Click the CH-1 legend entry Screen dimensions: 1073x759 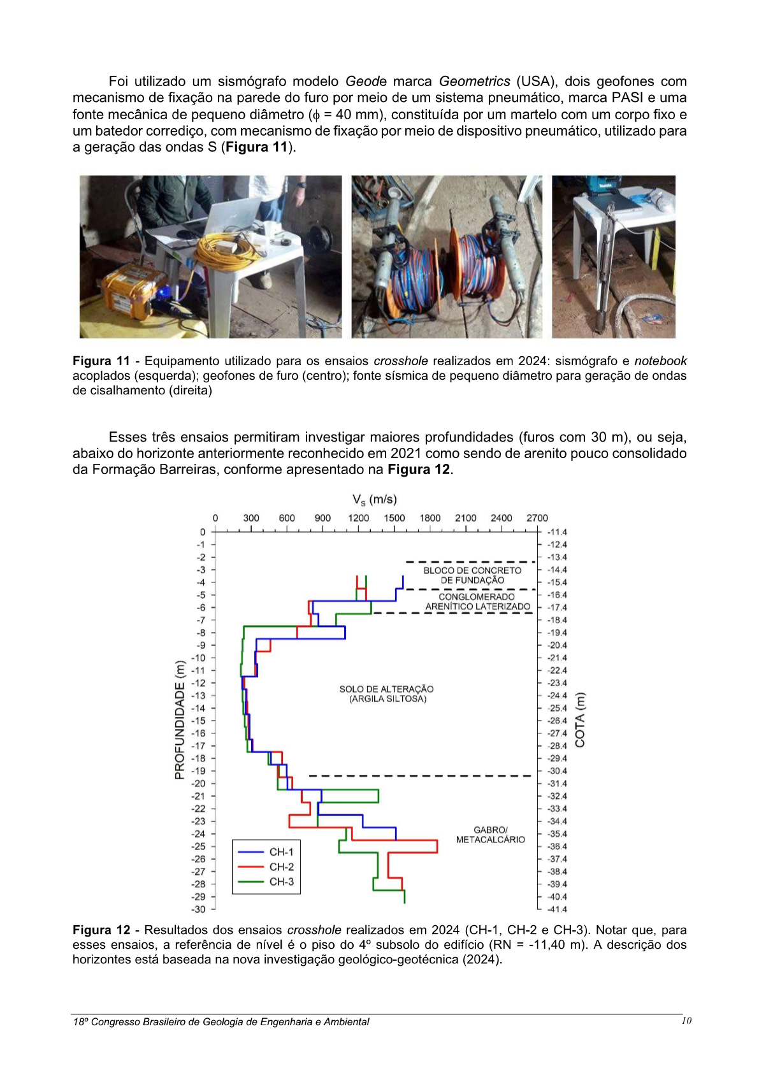point(281,852)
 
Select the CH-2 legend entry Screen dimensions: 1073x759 point(281,867)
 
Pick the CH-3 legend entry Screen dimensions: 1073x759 point(281,882)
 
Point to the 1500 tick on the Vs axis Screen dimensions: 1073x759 point(394,518)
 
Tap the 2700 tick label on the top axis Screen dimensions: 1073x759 point(537,518)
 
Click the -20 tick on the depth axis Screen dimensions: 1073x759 point(200,784)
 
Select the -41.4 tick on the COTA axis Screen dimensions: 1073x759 point(556,909)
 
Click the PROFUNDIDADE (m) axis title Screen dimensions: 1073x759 point(180,719)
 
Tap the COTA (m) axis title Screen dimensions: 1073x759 point(580,719)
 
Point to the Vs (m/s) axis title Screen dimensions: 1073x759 point(375,500)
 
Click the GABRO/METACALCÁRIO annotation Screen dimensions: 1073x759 point(490,835)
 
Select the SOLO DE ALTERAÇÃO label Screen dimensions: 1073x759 point(386,694)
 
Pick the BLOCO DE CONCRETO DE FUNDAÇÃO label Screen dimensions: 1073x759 point(472,575)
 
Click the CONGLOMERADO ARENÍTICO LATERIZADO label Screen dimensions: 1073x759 point(477,601)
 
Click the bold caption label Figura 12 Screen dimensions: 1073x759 point(101,930)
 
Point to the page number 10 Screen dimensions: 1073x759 point(686,1021)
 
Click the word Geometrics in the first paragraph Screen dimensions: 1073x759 point(474,82)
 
